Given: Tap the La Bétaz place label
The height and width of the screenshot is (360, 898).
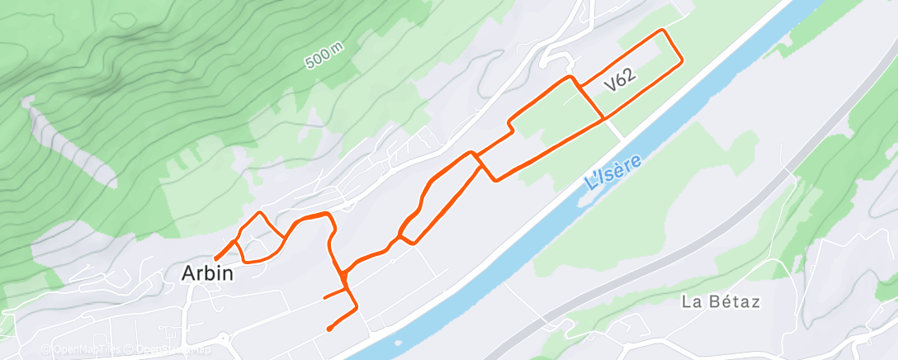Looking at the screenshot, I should pos(721,301).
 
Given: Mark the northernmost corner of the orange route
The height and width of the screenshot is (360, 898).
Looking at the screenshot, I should pos(662,31).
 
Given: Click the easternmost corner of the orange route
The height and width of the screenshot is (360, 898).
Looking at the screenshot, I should pos(681,61).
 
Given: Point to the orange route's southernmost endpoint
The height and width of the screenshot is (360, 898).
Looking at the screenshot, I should pos(329,329).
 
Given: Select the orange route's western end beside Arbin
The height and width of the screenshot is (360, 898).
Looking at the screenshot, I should pos(215,258).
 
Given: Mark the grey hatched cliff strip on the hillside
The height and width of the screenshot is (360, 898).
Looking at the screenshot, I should pos(69,140).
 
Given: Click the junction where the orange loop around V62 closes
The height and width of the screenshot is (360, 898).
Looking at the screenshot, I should pos(605,119).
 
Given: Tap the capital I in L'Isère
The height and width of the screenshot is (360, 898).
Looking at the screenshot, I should pos(598,178).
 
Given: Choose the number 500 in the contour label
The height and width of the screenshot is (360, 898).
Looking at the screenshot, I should pos(317,61).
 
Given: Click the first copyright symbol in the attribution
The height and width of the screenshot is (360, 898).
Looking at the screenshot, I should pos(45,350).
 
